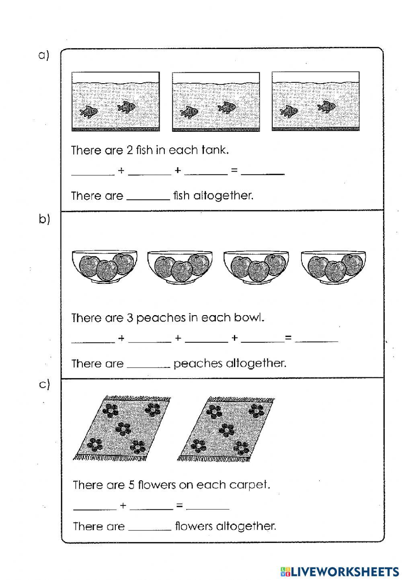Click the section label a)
point(43,55)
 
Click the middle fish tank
point(216,102)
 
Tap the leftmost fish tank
point(115,102)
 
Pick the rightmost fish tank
point(316,102)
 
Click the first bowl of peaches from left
point(105,266)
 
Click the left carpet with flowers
point(121,428)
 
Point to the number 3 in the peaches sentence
point(129,318)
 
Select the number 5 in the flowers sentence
point(131,485)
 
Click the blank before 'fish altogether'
point(148,197)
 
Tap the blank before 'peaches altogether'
point(148,365)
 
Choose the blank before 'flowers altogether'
point(150,527)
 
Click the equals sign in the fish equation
point(234,171)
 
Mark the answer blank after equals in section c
point(208,506)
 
